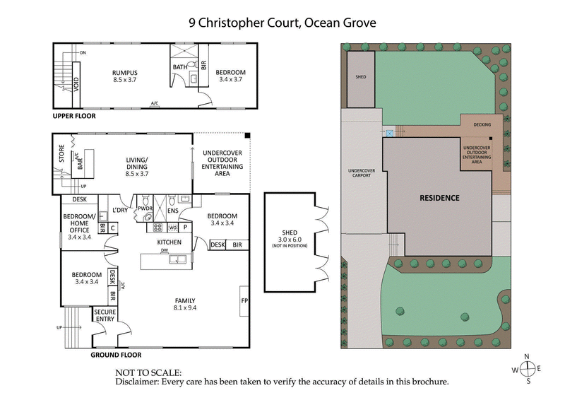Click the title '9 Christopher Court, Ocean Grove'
282,23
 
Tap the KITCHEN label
169,242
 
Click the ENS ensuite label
172,210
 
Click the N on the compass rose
526,357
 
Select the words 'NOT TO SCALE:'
148,372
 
